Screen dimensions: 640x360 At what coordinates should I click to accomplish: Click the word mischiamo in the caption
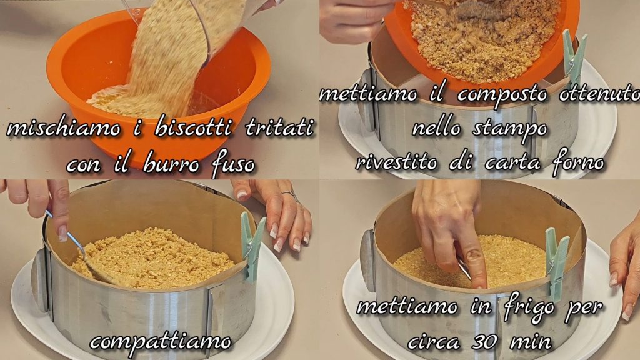(64, 129)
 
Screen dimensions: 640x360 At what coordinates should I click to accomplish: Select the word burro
(171, 164)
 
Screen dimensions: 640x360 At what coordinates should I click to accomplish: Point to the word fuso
(234, 165)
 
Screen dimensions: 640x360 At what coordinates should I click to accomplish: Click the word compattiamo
(161, 341)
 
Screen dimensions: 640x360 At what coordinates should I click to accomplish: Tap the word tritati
(280, 127)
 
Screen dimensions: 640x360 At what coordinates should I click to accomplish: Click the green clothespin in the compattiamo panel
(252, 244)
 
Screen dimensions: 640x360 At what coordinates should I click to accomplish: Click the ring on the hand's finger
(289, 194)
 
